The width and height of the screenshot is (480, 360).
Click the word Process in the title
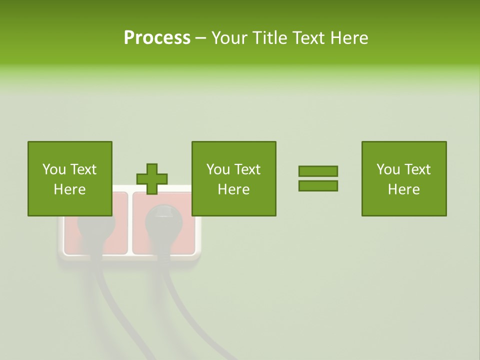click(157, 38)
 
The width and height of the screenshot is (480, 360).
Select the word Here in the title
click(348, 38)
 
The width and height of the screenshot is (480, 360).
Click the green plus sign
click(152, 179)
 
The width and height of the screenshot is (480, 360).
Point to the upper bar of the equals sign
click(318, 171)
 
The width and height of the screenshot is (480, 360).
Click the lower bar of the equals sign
click(318, 186)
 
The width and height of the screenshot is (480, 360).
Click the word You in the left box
click(54, 169)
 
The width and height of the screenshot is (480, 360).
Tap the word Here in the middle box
click(233, 189)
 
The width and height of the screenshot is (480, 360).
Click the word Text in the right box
click(418, 169)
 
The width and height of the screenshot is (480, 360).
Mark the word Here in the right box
click(403, 189)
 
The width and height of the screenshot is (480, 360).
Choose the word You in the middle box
click(218, 169)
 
